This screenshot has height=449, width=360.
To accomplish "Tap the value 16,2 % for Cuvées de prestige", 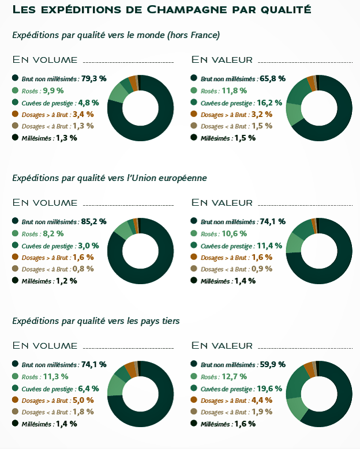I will (270, 103).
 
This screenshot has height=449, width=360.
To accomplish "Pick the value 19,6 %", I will (270, 388).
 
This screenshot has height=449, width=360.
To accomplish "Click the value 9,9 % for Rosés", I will (52, 90).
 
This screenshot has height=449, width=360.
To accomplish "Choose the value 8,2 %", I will (52, 233).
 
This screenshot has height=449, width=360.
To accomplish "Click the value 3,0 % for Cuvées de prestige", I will (88, 246).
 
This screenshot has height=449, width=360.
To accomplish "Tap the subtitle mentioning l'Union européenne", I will (109, 178).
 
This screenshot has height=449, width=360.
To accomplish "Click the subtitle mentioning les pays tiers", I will (96, 320).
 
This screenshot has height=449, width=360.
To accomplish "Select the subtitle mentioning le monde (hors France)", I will (115, 35).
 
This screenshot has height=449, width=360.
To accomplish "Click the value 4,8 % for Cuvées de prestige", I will (88, 103).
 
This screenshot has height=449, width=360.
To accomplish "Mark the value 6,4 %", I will (88, 388).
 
